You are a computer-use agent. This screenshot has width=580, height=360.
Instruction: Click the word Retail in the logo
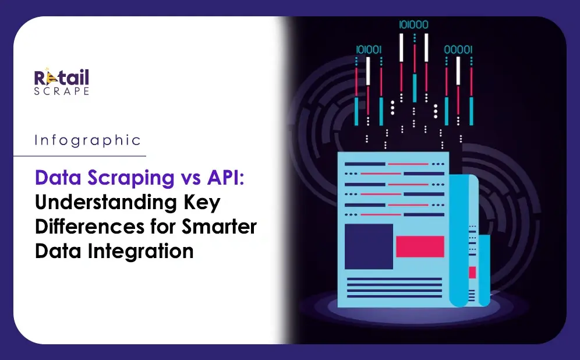point(61,77)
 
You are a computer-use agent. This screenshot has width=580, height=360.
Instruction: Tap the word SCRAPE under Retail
point(61,91)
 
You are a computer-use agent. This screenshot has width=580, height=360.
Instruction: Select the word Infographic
point(88,140)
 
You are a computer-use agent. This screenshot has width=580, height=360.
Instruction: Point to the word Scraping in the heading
point(131,178)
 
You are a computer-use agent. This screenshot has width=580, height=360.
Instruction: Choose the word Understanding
point(106,203)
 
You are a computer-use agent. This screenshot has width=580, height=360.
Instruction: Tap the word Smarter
point(219,227)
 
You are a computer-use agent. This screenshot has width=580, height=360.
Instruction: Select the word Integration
point(140,252)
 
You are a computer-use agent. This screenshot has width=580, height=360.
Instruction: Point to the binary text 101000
point(413,25)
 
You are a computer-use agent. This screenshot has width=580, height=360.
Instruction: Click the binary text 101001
point(369,50)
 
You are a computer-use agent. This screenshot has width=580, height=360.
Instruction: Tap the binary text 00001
point(458,50)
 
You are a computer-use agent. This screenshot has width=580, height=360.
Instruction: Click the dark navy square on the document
point(369,246)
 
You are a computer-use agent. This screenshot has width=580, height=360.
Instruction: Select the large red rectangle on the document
point(420,246)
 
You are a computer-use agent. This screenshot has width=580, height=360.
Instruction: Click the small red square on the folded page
point(472,272)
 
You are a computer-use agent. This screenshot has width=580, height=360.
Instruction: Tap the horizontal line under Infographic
point(80,156)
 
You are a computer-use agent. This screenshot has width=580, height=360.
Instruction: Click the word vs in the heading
point(191,179)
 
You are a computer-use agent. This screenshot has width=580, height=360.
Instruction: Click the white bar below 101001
point(368,71)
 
